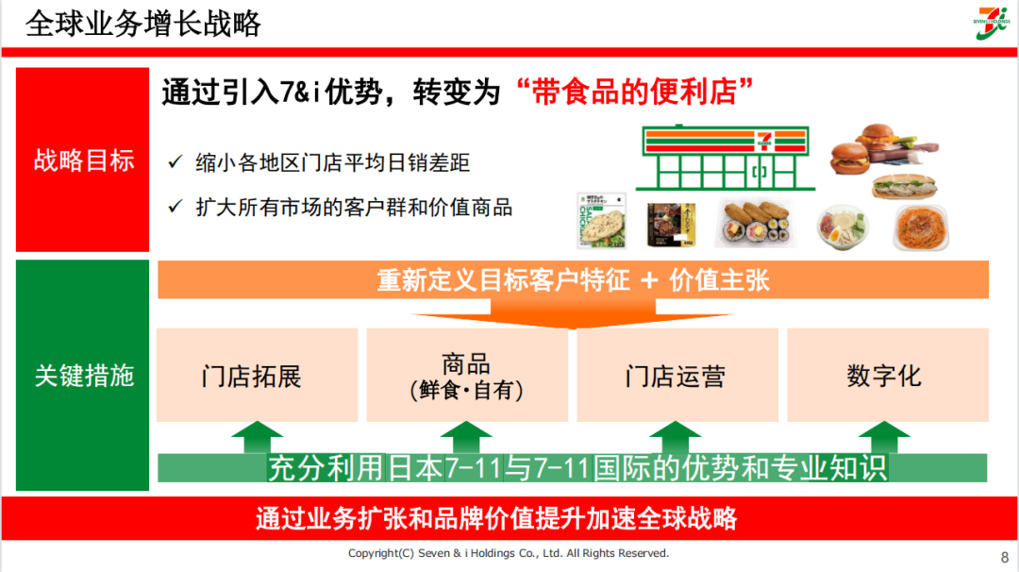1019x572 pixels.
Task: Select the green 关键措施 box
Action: [x=84, y=375]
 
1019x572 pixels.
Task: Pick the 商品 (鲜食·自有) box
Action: [x=467, y=375]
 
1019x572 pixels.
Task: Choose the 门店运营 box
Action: [x=677, y=375]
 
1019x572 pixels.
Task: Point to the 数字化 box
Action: [x=887, y=375]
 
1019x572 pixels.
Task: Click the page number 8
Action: [x=1004, y=556]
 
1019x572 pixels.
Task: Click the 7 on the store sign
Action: [x=760, y=143]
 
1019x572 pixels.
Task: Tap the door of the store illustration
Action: [x=759, y=176]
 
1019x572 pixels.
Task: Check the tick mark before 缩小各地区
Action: [x=175, y=162]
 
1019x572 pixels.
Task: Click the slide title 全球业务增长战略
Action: [x=143, y=24]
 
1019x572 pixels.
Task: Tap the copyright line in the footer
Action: [x=509, y=553]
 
